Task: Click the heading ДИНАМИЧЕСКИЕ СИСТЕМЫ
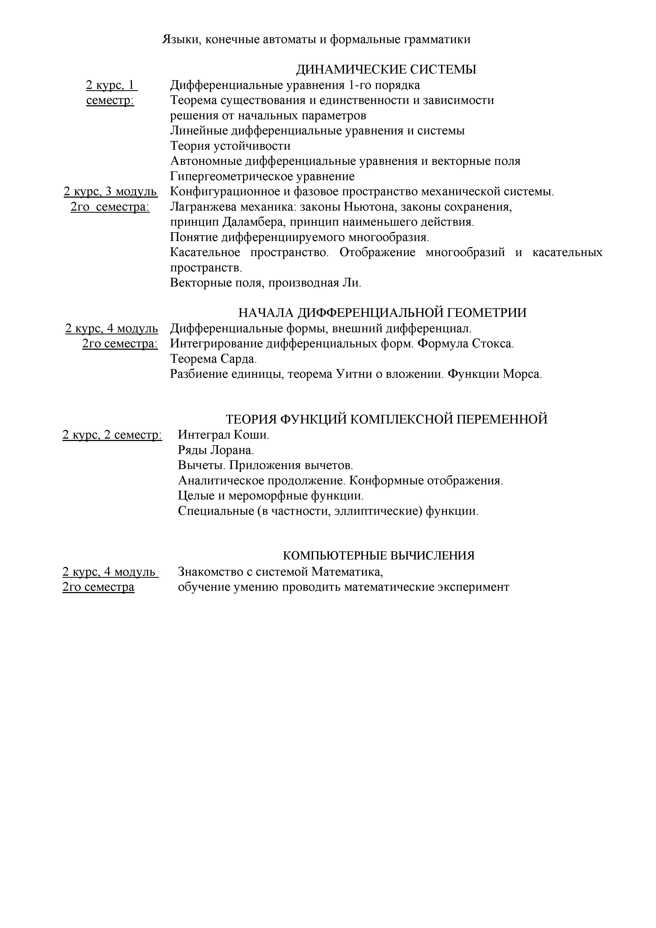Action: tap(386, 70)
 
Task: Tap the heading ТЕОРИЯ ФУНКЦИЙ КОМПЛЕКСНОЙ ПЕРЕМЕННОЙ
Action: tap(386, 419)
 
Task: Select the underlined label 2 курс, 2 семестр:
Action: tap(112, 435)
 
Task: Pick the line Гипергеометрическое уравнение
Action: tap(262, 176)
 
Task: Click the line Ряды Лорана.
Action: tap(216, 450)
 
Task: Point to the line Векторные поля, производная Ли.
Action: tap(265, 283)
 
